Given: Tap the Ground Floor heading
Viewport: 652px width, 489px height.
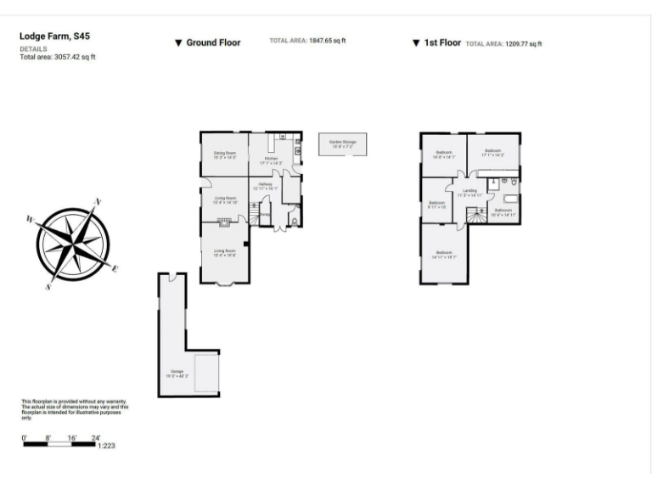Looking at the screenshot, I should (213, 42).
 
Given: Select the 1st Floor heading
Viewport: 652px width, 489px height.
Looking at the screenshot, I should (441, 42).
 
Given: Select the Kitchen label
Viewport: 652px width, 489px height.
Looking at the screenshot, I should (272, 159).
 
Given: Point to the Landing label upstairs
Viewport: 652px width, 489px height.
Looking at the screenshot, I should (469, 192).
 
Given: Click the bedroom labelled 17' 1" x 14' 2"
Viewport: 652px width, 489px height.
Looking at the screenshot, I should (493, 154).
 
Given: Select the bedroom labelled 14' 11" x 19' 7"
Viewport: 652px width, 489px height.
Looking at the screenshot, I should (443, 254).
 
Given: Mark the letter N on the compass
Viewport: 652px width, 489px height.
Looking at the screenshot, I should (98, 202).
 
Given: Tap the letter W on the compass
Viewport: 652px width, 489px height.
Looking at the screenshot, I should (31, 219).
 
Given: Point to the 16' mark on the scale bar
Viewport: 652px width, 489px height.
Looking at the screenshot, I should (72, 437).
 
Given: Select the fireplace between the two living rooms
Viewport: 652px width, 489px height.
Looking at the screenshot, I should (225, 222).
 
